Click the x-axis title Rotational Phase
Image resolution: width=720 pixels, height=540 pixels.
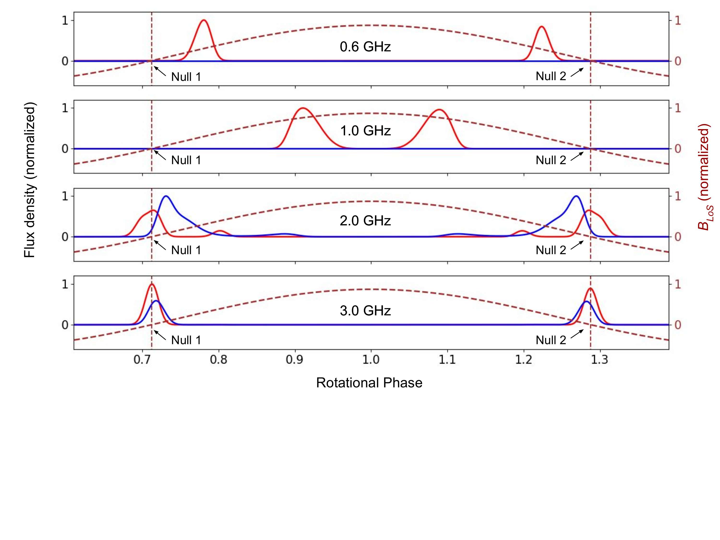coord(369,383)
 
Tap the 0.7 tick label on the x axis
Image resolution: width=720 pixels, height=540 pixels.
coord(143,360)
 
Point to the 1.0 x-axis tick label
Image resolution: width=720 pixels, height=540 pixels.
coord(371,360)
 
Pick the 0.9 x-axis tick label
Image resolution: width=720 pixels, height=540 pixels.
coord(295,360)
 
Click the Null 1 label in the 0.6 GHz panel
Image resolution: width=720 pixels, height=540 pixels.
coord(186,77)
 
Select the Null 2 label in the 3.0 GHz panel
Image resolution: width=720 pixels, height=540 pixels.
coord(551,340)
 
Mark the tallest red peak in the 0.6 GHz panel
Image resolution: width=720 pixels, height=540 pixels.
coord(204,20)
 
